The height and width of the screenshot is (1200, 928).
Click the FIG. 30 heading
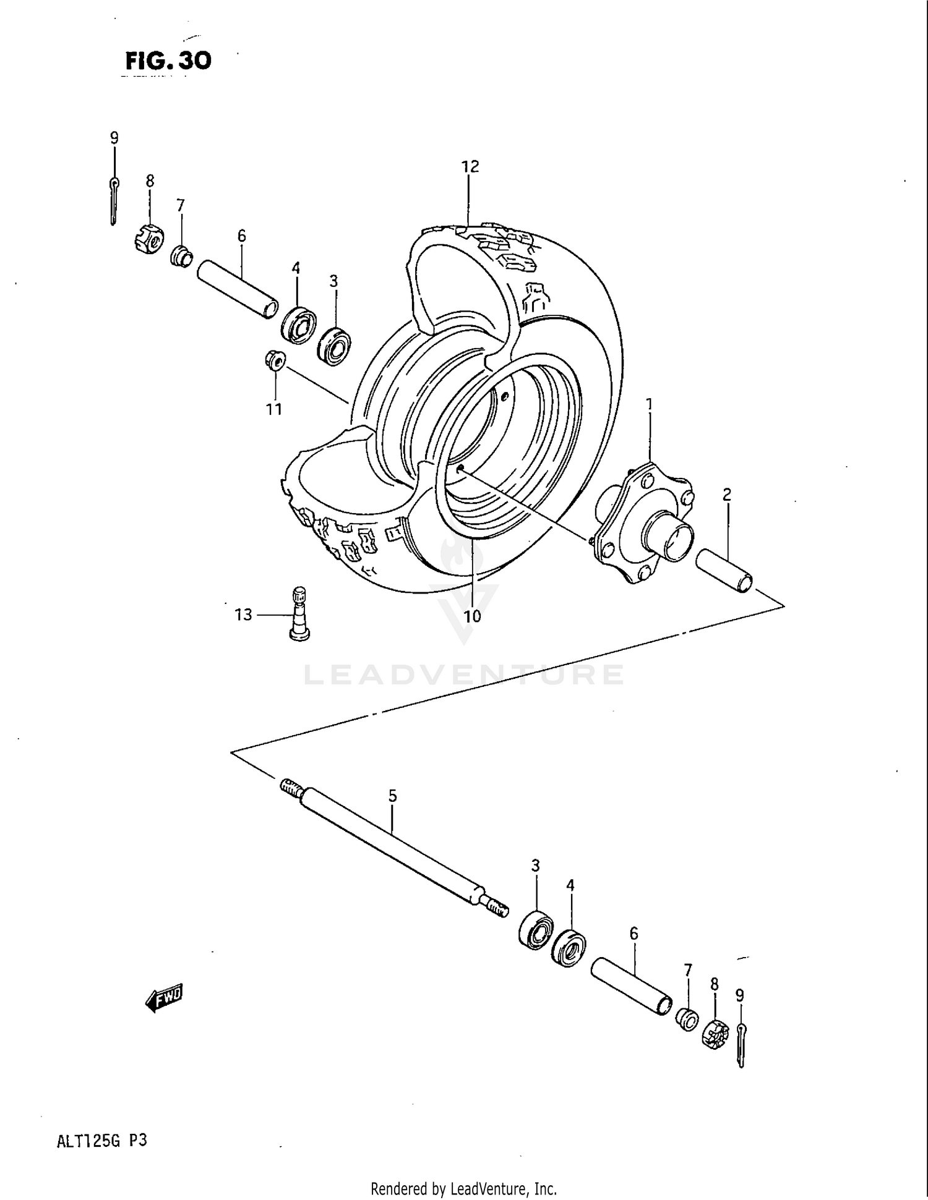(168, 61)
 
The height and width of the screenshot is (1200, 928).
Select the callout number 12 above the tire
(470, 166)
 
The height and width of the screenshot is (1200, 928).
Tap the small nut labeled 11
(274, 360)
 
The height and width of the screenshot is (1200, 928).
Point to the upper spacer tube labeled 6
(237, 289)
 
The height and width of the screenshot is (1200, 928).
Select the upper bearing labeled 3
(334, 346)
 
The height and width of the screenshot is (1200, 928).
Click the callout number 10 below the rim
(472, 616)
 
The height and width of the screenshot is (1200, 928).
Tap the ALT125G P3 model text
(102, 1141)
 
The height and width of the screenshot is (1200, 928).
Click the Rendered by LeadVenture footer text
(463, 1189)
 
